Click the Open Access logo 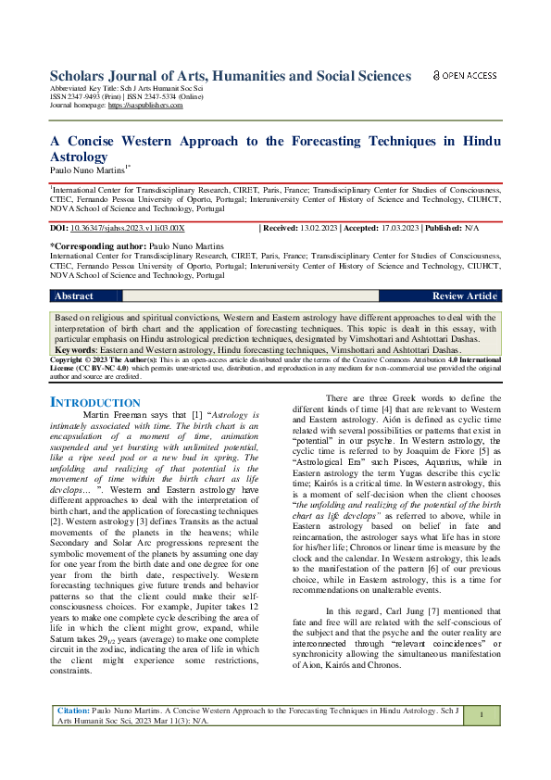(x=465, y=75)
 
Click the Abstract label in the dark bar (x=74, y=296)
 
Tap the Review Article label (x=465, y=296)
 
